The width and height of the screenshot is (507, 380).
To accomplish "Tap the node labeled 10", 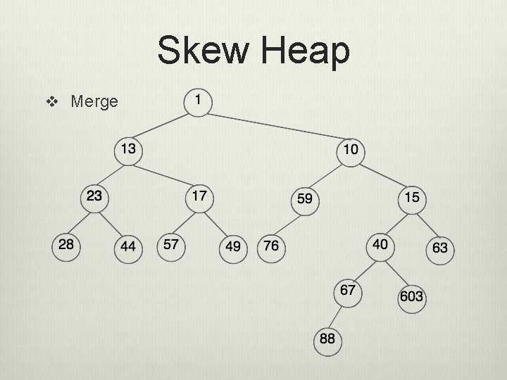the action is point(351,150).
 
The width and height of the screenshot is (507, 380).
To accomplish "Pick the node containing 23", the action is point(94,196).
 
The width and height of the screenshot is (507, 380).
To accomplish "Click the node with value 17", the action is point(200,196).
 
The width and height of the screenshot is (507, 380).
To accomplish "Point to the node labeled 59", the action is point(305,200).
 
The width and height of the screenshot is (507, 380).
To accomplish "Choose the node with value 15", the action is point(412,198).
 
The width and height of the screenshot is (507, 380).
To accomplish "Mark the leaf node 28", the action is point(66,245).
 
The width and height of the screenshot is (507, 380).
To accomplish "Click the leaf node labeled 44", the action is point(128,247).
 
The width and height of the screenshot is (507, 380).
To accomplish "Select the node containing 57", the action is point(170,245).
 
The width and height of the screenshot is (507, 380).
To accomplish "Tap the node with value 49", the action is point(232,247).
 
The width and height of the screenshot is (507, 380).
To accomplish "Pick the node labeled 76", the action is point(270,247).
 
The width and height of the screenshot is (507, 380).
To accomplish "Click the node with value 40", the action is point(380,245).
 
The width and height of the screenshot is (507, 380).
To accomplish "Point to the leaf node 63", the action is point(439,248).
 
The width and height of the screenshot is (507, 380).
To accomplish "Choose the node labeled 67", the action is point(348,291).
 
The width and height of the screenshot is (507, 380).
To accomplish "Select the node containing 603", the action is point(411,296).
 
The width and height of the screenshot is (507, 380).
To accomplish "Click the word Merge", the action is point(94,102).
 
